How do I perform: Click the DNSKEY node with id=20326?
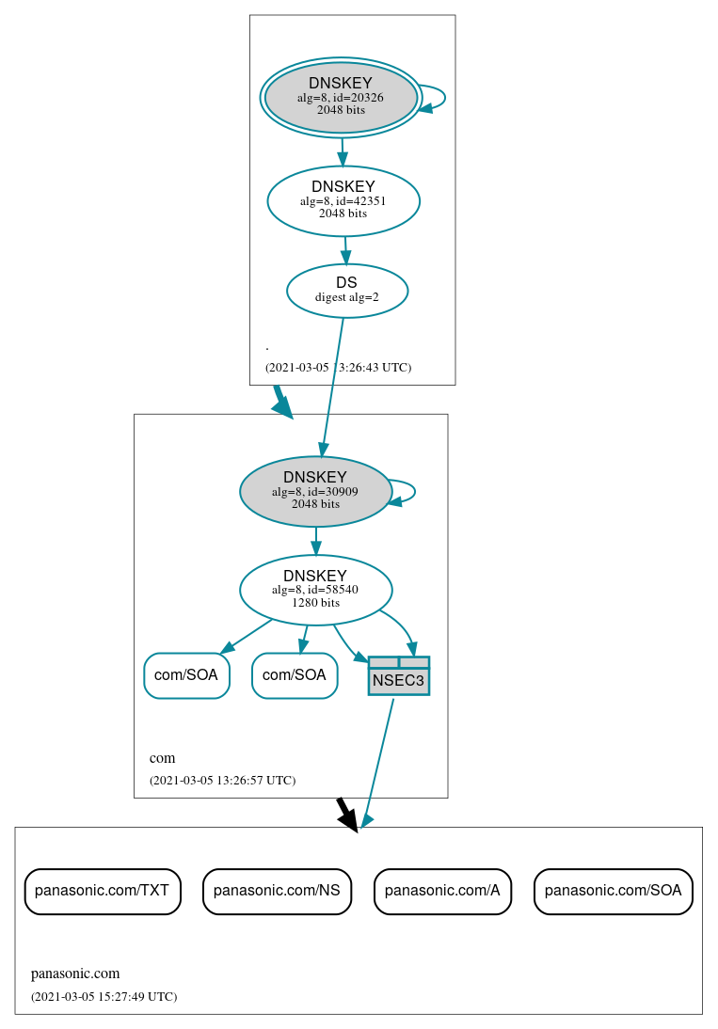point(341,97)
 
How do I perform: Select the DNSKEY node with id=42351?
point(343,200)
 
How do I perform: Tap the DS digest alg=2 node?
point(347,291)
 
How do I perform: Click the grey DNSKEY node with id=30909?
point(315,491)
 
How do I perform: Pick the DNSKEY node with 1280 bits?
point(315,590)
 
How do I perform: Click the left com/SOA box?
point(186,675)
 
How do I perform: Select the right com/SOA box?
point(295,675)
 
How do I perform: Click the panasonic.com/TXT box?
point(102,891)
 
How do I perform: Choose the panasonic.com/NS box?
point(277,891)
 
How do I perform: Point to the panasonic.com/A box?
point(442,891)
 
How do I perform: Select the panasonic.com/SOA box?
point(613,891)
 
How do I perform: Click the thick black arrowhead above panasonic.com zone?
point(348,816)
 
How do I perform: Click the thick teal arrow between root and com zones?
point(282,403)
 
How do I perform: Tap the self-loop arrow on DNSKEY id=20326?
point(439,98)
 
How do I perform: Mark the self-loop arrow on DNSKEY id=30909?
point(408,492)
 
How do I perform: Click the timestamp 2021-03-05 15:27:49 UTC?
point(104,996)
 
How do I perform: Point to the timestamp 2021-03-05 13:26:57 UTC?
point(222,780)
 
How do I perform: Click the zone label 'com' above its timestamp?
point(162,758)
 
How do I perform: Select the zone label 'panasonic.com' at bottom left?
point(75,974)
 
